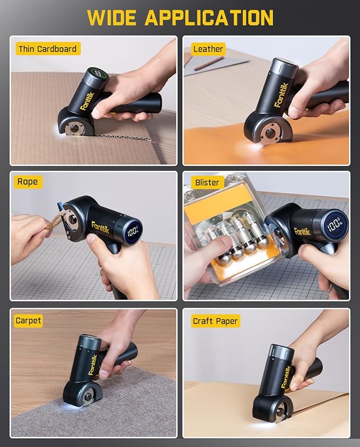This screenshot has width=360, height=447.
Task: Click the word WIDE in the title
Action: tap(112, 17)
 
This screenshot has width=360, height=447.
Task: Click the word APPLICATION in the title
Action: tap(209, 17)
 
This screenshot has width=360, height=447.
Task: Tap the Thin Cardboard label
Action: tap(47, 49)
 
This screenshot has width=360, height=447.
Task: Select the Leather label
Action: tap(208, 49)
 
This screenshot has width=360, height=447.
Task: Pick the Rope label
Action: tap(28, 182)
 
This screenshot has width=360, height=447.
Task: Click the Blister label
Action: tap(207, 182)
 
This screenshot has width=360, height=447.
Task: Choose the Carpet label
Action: tap(29, 321)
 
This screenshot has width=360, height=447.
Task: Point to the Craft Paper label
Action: tap(215, 321)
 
